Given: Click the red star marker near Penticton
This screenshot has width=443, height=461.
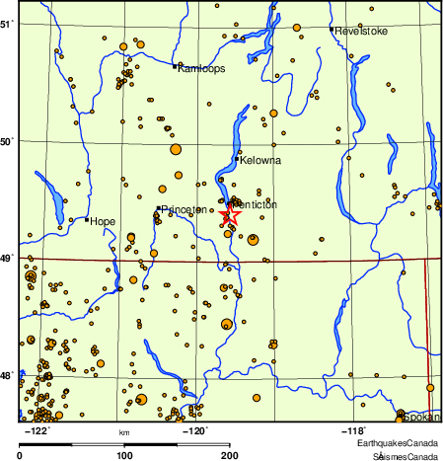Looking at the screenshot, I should click(230, 213).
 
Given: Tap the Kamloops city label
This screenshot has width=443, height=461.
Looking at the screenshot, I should click(201, 68).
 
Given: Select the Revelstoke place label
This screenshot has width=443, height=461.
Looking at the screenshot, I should click(362, 31).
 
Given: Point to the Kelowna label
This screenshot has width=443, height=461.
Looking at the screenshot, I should click(261, 160).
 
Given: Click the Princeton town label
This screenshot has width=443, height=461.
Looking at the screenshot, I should click(184, 209).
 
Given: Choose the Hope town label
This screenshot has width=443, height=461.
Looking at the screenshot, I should click(103, 221).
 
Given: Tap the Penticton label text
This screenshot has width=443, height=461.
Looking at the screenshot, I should click(256, 204).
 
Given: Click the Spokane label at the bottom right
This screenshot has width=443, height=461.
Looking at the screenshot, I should click(422, 417).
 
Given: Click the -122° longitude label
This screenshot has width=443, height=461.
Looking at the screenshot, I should click(38, 429).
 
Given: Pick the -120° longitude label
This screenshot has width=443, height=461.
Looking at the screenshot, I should click(196, 429).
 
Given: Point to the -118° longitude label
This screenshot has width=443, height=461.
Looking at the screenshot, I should click(354, 429).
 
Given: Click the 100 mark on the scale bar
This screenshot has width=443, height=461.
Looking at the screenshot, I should click(124, 455).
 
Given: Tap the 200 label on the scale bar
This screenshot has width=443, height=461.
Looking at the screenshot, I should click(229, 455).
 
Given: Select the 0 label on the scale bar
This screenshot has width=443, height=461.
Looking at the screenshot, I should click(21, 455).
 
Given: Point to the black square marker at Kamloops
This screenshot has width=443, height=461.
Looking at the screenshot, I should click(175, 67).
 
